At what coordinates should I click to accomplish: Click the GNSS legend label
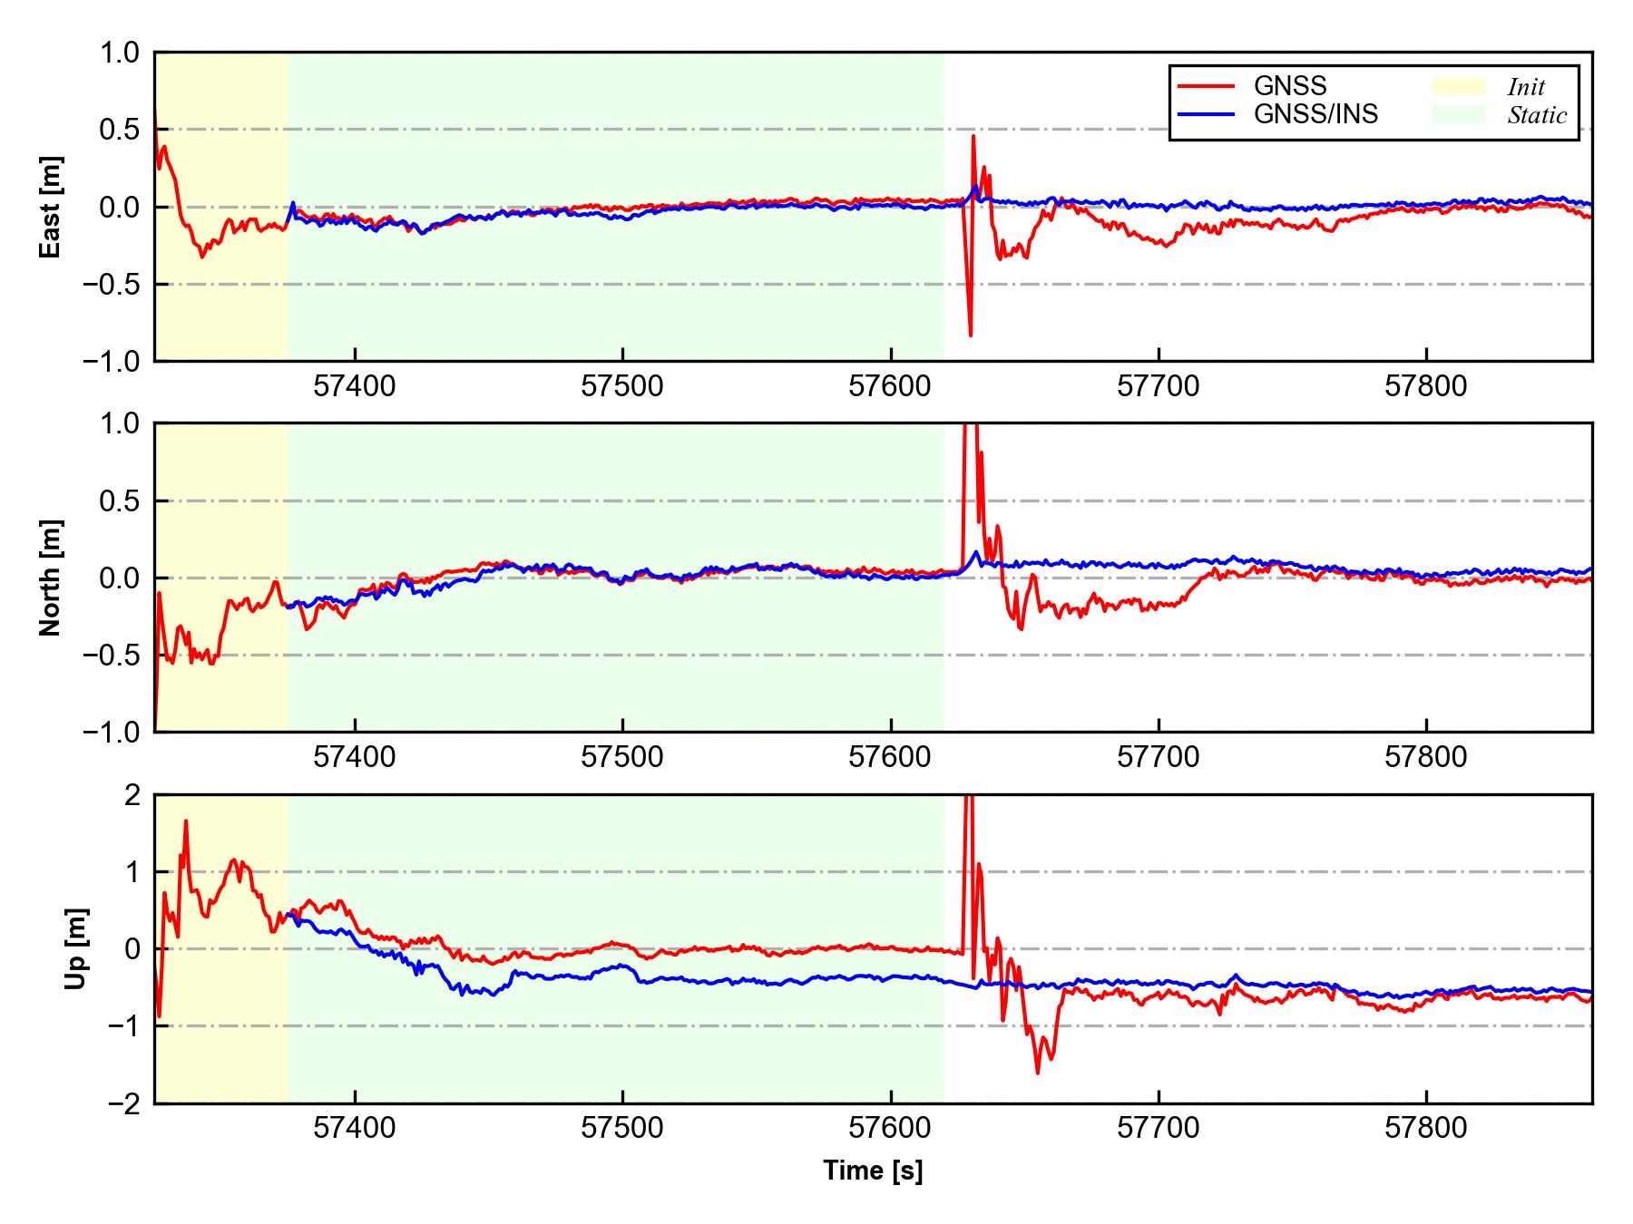pos(1290,86)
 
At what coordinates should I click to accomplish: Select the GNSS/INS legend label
pos(1315,114)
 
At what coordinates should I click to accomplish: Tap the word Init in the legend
pos(1526,87)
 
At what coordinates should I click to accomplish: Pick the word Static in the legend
pos(1537,115)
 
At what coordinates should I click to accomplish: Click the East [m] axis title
pos(51,207)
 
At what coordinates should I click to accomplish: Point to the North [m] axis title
pos(51,578)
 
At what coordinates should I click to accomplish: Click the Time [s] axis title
pos(873,1171)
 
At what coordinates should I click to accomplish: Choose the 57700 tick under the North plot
pos(1159,757)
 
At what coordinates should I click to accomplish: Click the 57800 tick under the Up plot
pos(1426,1129)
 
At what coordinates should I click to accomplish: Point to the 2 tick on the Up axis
pos(132,795)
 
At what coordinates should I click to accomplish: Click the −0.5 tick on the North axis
pos(112,655)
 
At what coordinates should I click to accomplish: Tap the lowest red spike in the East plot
pos(971,335)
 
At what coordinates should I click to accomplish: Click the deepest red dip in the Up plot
pos(1037,1073)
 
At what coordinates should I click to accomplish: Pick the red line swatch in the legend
pos(1206,86)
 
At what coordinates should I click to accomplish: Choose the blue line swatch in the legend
pos(1206,114)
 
